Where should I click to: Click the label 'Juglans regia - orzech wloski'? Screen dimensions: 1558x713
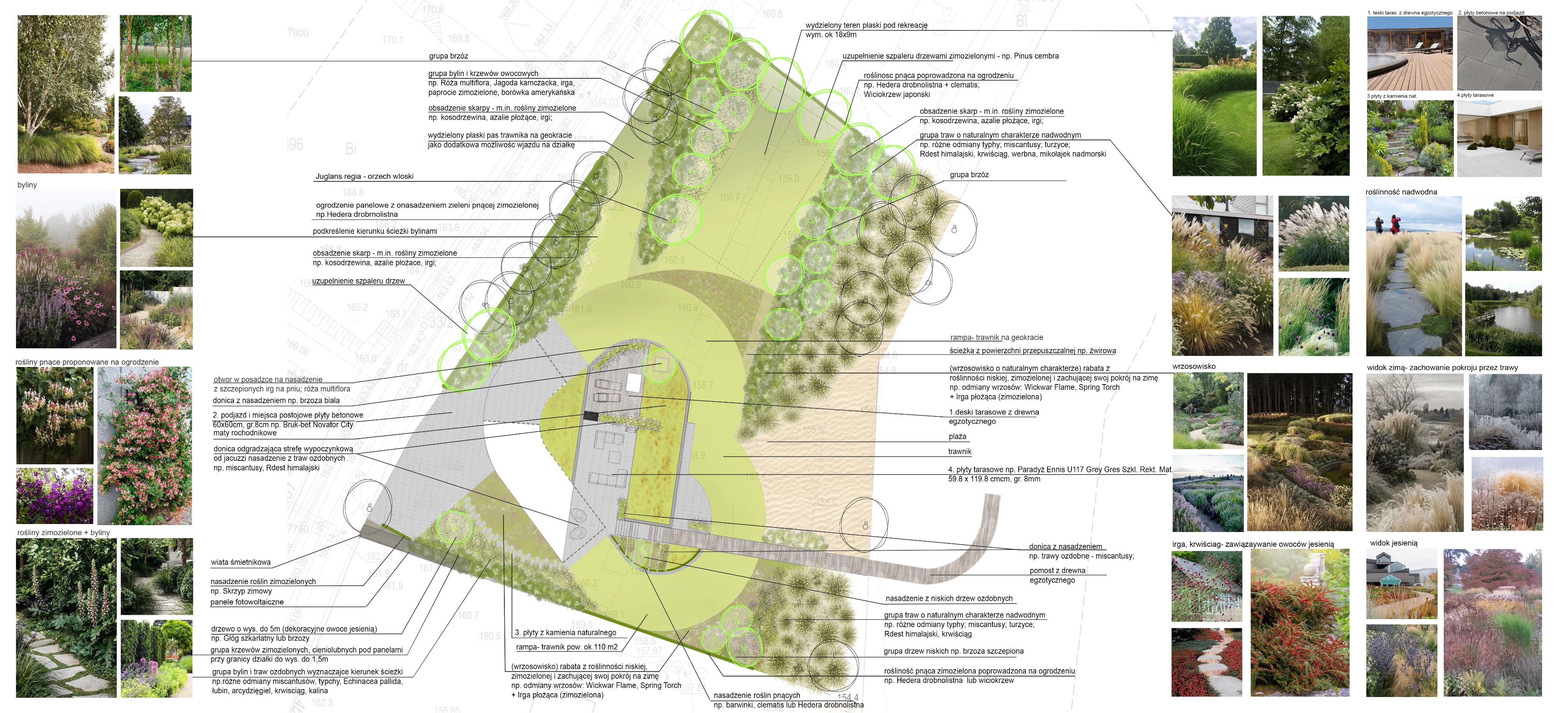(x=364, y=176)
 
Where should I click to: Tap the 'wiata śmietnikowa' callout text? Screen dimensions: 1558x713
(x=241, y=562)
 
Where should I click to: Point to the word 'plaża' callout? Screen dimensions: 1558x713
(x=957, y=437)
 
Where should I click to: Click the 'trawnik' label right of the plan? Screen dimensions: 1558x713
(x=960, y=452)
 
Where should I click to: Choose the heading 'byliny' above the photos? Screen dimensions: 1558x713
(x=27, y=185)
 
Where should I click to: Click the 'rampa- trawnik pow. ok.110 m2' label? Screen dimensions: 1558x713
(x=567, y=647)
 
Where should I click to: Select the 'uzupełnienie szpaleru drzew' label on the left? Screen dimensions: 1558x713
(x=359, y=281)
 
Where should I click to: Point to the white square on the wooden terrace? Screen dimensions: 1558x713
(x=634, y=383)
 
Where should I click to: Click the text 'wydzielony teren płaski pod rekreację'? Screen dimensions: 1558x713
(x=866, y=25)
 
